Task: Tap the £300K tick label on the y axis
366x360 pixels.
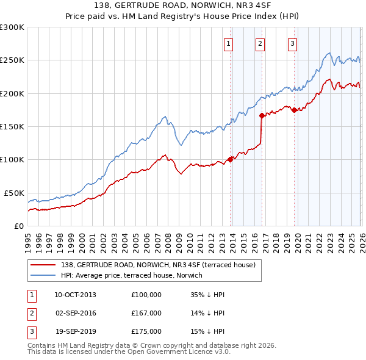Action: (12, 27)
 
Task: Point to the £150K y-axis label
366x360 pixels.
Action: (12, 126)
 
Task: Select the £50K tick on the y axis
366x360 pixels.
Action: (14, 193)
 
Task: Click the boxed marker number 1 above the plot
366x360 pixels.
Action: (228, 43)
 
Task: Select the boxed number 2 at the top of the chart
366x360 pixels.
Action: (260, 43)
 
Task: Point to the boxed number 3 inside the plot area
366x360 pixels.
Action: (292, 43)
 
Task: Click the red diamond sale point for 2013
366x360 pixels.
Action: (231, 159)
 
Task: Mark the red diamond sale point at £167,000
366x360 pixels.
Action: (262, 115)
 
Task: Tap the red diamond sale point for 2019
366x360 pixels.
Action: (294, 110)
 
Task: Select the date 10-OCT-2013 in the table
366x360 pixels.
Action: (75, 295)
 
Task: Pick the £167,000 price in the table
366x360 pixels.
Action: (146, 313)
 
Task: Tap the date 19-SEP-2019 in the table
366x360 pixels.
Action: (75, 331)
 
